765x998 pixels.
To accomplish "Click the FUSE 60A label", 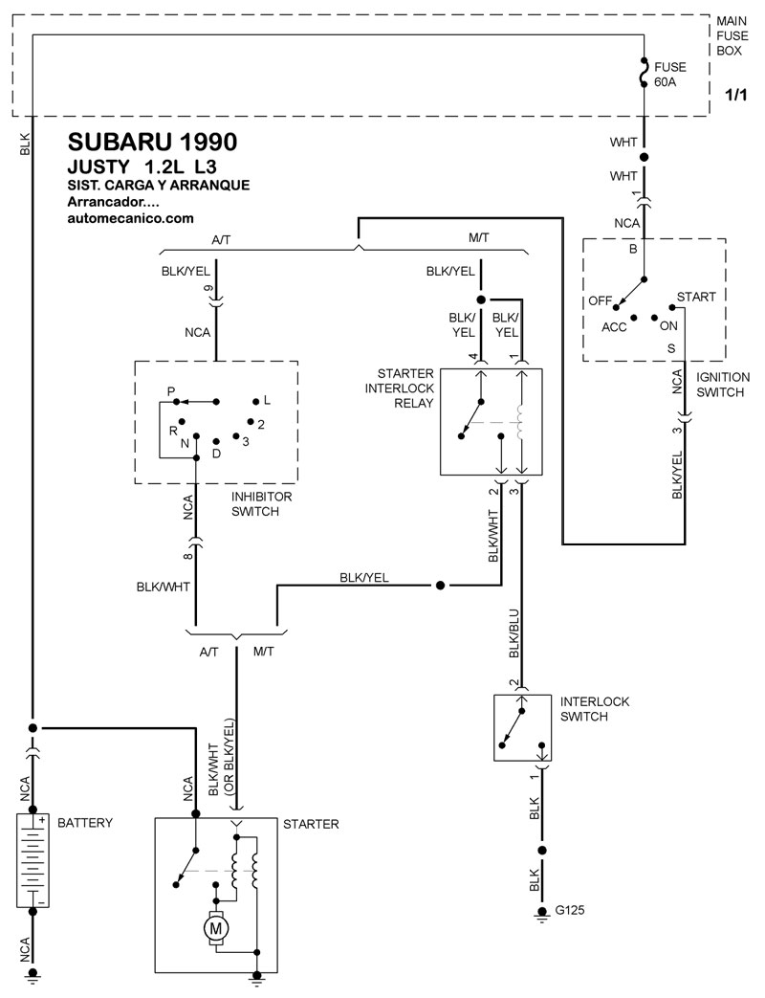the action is [670, 75].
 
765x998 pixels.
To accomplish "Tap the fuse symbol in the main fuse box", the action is [645, 73].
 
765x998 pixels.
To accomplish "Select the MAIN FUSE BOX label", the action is [732, 35].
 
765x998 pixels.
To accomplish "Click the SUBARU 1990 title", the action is [153, 142].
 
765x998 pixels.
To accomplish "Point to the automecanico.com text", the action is [130, 218].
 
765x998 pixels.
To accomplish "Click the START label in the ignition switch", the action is [696, 297].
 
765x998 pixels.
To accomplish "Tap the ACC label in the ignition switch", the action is [614, 327].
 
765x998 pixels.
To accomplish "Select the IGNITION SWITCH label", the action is [723, 385].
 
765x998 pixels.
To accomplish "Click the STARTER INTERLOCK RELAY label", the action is [400, 388].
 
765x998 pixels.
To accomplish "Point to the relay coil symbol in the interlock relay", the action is [521, 421].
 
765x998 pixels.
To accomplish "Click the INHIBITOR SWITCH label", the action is [261, 503].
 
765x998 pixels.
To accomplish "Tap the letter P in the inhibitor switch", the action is [171, 391].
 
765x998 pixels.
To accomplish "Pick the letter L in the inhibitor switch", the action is [267, 400].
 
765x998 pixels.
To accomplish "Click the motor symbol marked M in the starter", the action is [215, 928].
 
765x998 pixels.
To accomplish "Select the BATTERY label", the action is [84, 822].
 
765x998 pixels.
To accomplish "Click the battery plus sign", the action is [41, 820].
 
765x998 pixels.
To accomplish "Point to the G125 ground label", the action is [569, 910].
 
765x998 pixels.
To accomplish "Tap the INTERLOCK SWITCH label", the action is [595, 708].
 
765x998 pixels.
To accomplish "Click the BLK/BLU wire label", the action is [514, 633].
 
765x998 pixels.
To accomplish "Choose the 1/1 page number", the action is [735, 96].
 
